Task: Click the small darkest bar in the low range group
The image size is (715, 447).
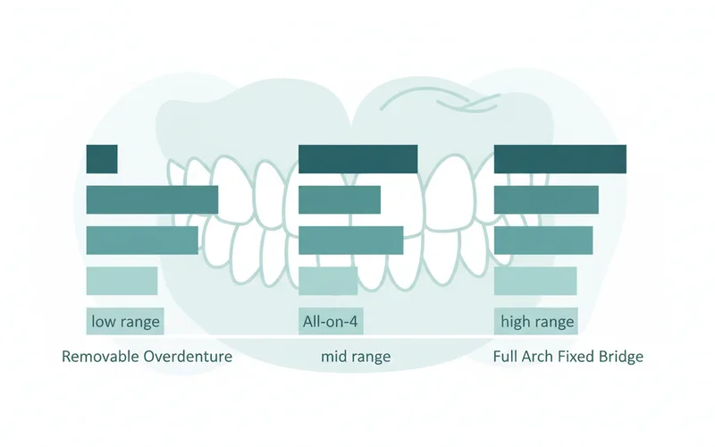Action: pyautogui.click(x=102, y=159)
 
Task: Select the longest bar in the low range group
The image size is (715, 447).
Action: pyautogui.click(x=152, y=199)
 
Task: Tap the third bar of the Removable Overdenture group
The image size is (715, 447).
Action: pyautogui.click(x=142, y=240)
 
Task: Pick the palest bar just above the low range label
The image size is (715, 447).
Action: pyautogui.click(x=122, y=281)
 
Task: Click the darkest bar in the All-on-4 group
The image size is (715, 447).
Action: pyautogui.click(x=357, y=159)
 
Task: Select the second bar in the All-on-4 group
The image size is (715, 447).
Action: pyautogui.click(x=340, y=199)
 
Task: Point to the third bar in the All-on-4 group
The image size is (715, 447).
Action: pyautogui.click(x=350, y=240)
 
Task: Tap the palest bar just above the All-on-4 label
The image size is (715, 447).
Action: pyautogui.click(x=328, y=281)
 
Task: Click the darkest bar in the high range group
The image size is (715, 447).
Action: pyautogui.click(x=559, y=159)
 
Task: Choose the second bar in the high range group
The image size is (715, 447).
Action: pyautogui.click(x=546, y=199)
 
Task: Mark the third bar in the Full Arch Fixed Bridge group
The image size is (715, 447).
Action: pyautogui.click(x=543, y=240)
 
